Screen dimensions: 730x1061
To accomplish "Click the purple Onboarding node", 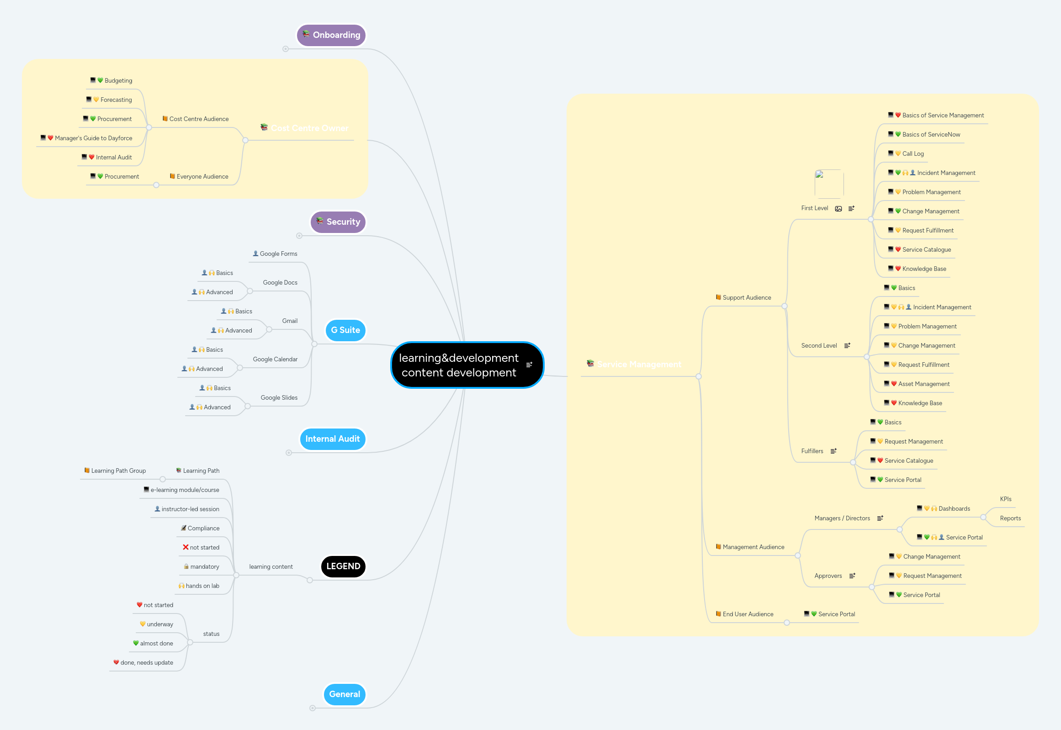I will coord(331,35).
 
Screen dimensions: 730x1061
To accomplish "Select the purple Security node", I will coord(338,222).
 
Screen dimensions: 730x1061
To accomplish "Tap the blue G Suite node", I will coord(345,330).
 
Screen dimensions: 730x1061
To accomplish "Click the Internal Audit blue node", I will coord(332,439).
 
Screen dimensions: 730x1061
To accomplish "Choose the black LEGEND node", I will coord(343,566).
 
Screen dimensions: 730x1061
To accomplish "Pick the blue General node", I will coord(345,694).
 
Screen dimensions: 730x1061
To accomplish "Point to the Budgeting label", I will coord(118,80).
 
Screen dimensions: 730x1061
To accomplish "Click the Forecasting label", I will coord(116,100).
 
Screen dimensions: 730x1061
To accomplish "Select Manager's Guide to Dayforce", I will coord(93,138).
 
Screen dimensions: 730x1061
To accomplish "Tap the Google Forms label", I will coord(278,254).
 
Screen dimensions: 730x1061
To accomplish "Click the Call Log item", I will coord(913,153).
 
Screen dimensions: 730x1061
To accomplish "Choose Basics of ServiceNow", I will coord(931,134).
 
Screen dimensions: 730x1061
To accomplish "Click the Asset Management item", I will coord(924,384).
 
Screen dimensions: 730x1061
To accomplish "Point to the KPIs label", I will coord(1006,499).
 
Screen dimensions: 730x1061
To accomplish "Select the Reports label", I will coord(1010,518).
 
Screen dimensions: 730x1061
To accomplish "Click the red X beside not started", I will coord(186,547).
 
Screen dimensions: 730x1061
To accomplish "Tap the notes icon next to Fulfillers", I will coord(833,451).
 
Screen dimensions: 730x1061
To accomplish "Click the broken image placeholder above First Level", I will coord(828,184).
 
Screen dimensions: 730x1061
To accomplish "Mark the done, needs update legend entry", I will coord(146,663).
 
